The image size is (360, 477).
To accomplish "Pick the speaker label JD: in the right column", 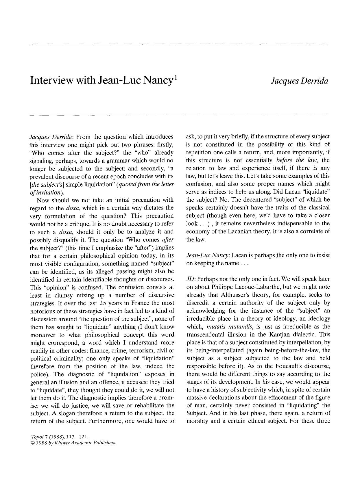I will [x=191, y=279].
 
